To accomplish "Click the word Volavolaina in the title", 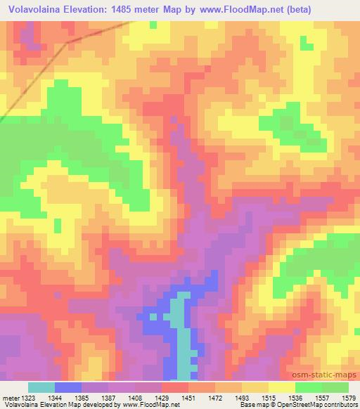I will coord(35,9).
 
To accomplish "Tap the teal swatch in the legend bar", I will coord(42,388).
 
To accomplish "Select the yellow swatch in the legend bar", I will coord(282,388).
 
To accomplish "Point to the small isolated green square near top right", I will coord(306,45).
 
